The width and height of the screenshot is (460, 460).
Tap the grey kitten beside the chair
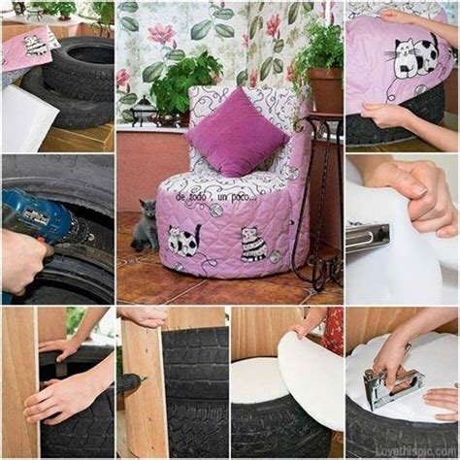coord(146,225)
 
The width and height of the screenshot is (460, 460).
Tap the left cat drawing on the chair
coord(183,240)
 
